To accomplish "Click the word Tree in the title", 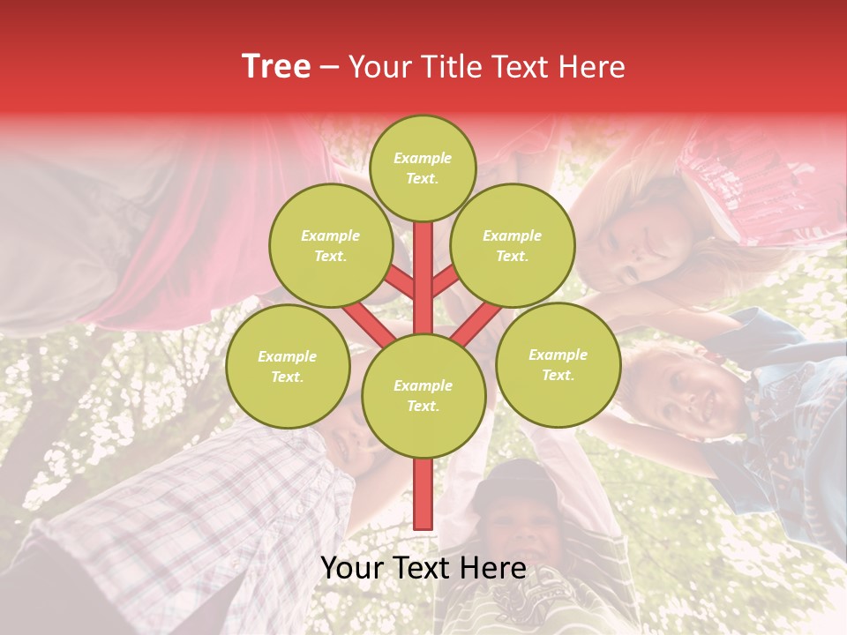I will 276,67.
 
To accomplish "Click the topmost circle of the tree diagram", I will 423,168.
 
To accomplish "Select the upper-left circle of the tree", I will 331,245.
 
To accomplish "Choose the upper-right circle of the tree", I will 513,245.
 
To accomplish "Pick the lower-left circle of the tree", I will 288,366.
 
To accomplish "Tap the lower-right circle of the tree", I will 558,364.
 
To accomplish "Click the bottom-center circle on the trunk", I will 423,395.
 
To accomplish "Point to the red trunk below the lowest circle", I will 423,494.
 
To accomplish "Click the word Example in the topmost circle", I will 423,158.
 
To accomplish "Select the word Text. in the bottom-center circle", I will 423,407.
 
